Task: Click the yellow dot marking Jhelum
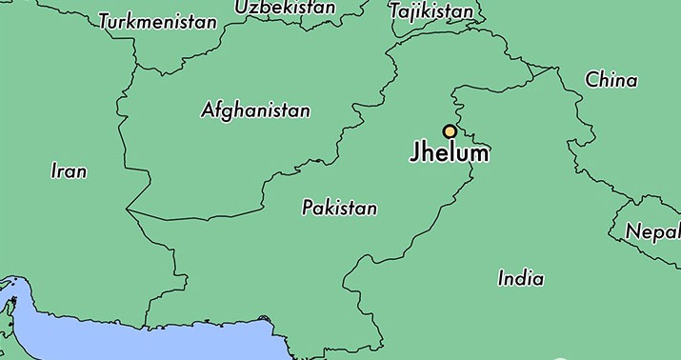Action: [x=449, y=132]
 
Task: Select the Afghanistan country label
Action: [x=255, y=110]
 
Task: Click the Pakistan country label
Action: [x=339, y=208]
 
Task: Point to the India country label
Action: [x=521, y=279]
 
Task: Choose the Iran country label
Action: [x=69, y=171]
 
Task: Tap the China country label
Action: [x=611, y=80]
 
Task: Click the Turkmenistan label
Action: [x=158, y=21]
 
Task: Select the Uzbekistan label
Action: [x=285, y=8]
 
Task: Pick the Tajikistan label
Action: [x=431, y=11]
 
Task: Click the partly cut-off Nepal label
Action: [x=652, y=231]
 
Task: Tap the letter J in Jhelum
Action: [x=415, y=154]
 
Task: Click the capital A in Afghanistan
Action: [x=209, y=110]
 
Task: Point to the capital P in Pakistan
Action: [x=308, y=208]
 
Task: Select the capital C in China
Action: [x=591, y=80]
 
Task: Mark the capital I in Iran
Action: [x=53, y=171]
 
